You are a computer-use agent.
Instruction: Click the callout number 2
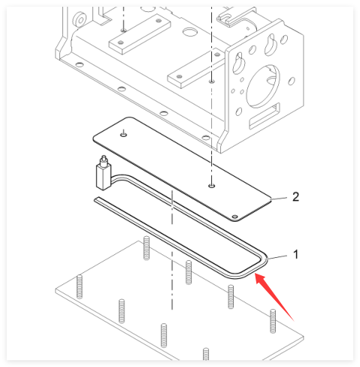tap(295, 197)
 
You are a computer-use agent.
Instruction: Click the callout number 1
tap(296, 254)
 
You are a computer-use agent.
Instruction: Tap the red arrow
tap(274, 296)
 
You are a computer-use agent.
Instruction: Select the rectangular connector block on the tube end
tap(103, 176)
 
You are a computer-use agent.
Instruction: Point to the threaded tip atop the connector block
tap(103, 160)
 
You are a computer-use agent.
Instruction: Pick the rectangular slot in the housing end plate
tap(265, 116)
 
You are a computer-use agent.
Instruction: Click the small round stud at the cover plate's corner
tap(234, 217)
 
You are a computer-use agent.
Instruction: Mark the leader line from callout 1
tap(277, 257)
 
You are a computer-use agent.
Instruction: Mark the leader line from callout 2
tap(280, 199)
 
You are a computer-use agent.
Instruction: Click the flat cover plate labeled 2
tap(182, 169)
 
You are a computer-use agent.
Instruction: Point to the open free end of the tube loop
tap(97, 199)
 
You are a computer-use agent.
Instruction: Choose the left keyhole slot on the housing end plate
tap(237, 62)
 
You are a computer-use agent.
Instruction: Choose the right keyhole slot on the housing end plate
tap(270, 45)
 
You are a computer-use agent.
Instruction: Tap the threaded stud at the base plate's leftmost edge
tap(80, 287)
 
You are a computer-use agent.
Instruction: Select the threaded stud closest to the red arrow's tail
tap(273, 321)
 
